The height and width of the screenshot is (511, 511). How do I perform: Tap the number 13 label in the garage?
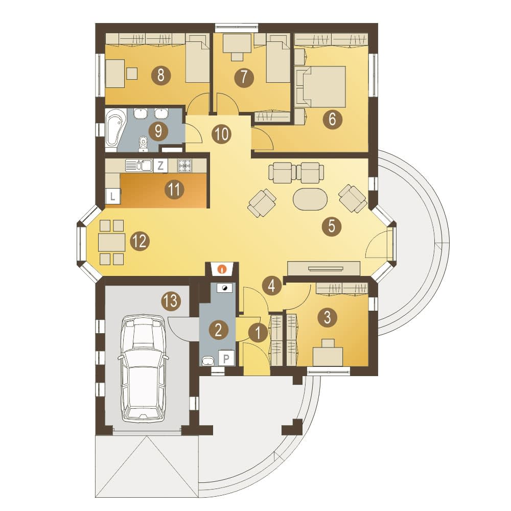pos(171,300)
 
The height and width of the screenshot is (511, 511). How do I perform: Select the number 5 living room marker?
pos(332,226)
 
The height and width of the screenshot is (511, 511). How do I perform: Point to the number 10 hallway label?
pos(222,134)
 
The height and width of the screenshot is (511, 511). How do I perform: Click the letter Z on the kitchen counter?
pos(160,166)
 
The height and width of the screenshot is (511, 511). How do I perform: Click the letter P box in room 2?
pos(226,359)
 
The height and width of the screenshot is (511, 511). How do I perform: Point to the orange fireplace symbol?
pos(222,269)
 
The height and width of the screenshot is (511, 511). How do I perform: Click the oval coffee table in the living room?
pos(310,199)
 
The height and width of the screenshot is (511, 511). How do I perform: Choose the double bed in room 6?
pos(321,87)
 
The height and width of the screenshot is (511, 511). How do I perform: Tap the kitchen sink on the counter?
pos(139,165)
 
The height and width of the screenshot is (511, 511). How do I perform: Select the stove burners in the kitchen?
pos(185,165)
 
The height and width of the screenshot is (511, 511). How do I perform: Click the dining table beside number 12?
pos(112,242)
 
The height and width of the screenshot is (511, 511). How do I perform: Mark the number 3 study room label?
pos(327,317)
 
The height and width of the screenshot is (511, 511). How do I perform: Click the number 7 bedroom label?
pos(243,78)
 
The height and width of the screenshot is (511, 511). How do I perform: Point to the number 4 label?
pos(271,286)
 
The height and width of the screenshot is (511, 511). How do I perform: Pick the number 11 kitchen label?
pos(174,189)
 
